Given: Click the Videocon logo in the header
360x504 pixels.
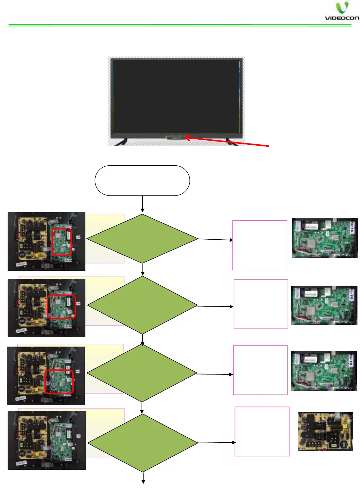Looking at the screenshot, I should tap(342, 11).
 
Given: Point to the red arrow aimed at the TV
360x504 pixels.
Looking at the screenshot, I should tap(227, 142).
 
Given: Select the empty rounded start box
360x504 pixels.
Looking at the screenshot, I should tap(142, 180).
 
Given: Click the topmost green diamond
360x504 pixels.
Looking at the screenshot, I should tap(142, 239).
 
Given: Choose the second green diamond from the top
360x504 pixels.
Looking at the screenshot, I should tap(142, 305).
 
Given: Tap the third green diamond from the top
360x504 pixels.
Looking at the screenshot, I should tap(142, 373).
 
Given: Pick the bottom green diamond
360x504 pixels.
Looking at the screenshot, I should tap(143, 443).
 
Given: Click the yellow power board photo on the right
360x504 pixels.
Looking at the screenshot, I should tap(325, 431).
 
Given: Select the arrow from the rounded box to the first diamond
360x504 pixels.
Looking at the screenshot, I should tap(143, 204).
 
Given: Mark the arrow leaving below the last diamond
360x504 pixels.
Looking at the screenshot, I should tap(143, 478).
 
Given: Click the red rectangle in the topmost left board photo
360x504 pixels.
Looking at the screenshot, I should tap(62, 242).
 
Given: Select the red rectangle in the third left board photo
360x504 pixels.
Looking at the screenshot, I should tap(59, 381).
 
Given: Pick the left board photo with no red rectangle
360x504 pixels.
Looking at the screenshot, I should tap(46, 440).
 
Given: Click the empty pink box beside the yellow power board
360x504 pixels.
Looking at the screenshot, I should tap(262, 431).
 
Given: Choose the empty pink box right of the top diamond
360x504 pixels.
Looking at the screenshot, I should tap(260, 245).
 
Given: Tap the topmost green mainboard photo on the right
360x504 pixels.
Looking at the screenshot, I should tap(325, 238).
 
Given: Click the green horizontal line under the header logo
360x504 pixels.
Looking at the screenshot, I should tap(180, 25).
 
